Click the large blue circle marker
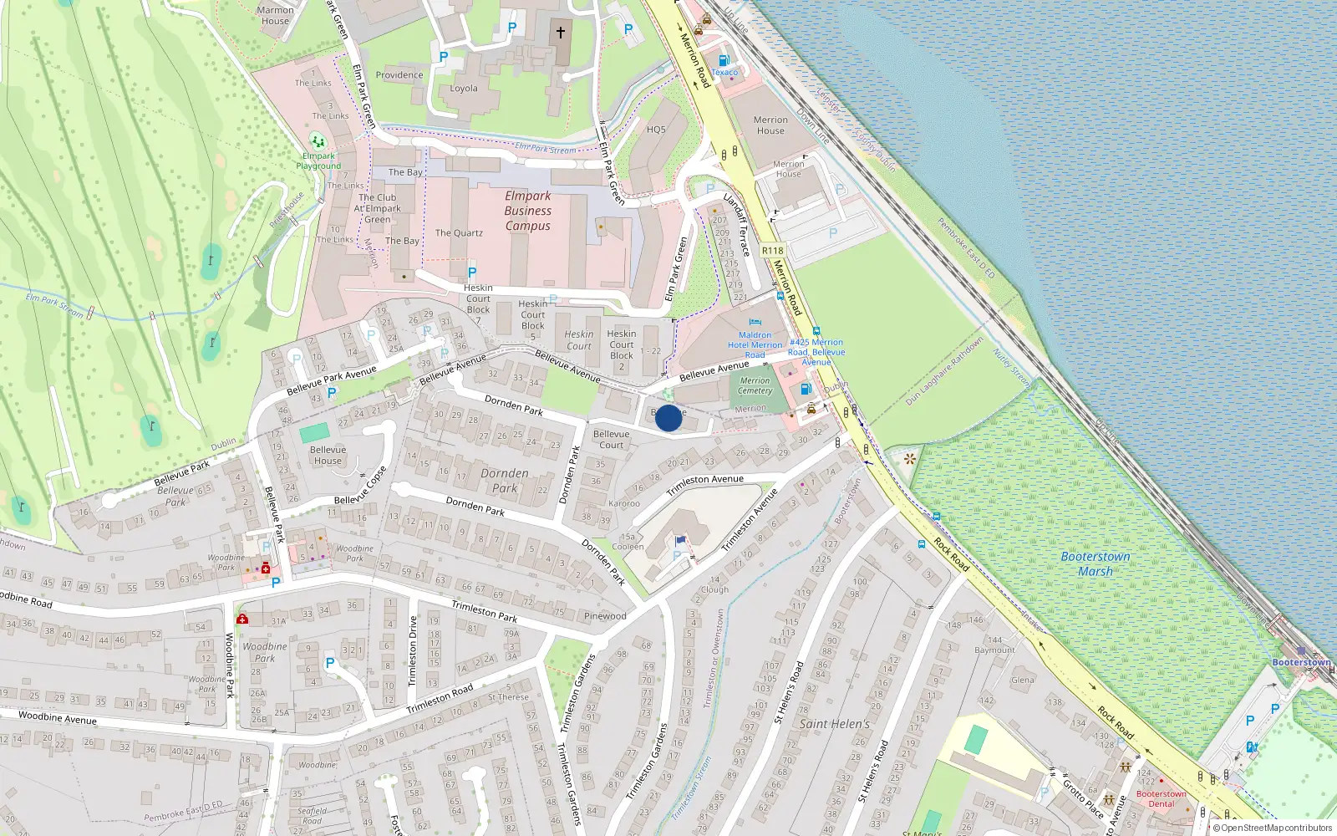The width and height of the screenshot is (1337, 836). click(x=668, y=418)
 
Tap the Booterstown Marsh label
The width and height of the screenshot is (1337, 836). click(x=1095, y=563)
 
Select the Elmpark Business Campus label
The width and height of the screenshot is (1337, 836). click(x=527, y=211)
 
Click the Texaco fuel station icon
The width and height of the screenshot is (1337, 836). click(x=724, y=60)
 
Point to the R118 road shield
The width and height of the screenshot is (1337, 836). click(x=772, y=250)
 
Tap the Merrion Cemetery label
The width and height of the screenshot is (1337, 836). click(x=755, y=385)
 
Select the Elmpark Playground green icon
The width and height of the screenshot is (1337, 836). click(x=317, y=140)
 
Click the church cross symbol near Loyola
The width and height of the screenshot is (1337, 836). click(x=560, y=33)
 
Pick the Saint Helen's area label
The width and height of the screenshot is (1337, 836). click(x=834, y=724)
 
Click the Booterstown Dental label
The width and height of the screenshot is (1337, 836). click(x=1161, y=798)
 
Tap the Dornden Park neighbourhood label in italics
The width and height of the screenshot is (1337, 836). click(x=505, y=480)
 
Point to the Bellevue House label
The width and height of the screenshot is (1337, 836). click(x=328, y=455)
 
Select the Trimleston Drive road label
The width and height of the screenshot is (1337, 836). click(x=412, y=651)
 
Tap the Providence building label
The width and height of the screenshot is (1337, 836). click(x=399, y=74)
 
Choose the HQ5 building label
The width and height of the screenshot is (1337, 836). click(x=656, y=130)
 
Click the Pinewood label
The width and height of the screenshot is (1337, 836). click(x=605, y=616)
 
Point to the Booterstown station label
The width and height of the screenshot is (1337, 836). click(x=1301, y=662)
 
